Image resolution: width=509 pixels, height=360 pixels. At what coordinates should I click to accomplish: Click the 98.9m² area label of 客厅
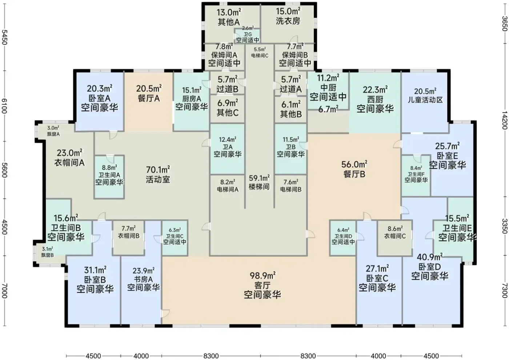coord(262,276)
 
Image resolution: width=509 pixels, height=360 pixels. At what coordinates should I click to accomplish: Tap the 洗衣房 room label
coord(288,21)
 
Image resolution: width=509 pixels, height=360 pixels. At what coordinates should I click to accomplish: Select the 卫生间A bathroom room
coord(109,177)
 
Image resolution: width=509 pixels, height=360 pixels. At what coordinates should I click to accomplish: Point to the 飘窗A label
coord(53,134)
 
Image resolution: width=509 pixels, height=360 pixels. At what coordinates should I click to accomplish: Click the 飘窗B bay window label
coord(48,255)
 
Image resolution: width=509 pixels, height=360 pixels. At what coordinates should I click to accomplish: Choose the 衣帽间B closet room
coord(129,238)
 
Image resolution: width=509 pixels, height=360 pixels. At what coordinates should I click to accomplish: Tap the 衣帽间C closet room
coord(395,238)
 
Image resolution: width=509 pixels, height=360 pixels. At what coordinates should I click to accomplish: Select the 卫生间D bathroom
coord(343,238)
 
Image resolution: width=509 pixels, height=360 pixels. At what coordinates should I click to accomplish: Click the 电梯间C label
coord(260,55)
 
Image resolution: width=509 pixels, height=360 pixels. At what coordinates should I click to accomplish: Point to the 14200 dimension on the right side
coord(505,120)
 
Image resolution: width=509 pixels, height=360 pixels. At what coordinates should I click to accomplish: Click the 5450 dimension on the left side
coord(4,37)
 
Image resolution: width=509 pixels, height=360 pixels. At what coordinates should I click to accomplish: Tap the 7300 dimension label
coord(505,291)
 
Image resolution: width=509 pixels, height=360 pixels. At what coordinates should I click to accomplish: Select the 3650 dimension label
coord(505,24)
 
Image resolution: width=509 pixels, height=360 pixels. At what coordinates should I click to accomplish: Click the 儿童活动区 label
coord(425,100)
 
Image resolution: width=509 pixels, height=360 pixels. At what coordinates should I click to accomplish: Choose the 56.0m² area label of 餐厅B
coord(354,164)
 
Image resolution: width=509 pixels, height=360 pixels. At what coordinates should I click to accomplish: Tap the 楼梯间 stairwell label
coord(259,187)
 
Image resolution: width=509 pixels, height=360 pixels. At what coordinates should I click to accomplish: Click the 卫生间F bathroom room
coord(416,176)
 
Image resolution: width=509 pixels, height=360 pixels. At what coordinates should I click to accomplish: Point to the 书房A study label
coord(143,279)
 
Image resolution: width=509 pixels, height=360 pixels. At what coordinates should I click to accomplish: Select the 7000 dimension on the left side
coord(4,291)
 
